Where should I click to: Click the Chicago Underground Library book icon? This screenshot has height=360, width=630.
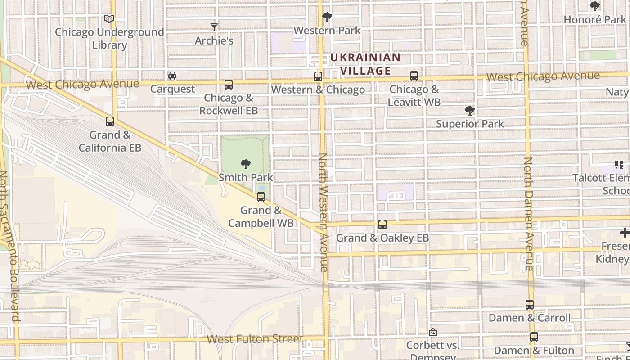tap(109, 18)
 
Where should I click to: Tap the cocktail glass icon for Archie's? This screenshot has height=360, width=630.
tap(214, 27)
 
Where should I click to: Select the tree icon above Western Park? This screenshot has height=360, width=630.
tap(327, 17)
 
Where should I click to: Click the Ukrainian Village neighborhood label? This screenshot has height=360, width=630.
tap(365, 64)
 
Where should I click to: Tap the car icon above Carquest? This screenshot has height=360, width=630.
tap(172, 75)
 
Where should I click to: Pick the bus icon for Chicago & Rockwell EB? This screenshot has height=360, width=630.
tap(229, 84)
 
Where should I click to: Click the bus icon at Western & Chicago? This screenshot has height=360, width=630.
tap(318, 76)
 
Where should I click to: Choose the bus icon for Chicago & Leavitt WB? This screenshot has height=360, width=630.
tap(414, 76)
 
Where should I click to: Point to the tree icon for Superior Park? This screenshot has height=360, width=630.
tap(470, 110)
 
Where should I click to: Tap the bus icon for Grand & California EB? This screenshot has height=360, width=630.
tap(110, 121)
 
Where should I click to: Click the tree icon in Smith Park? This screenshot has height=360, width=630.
tap(246, 164)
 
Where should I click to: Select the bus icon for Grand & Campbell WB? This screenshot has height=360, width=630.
tap(261, 197)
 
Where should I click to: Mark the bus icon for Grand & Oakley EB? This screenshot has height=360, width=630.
tap(382, 224)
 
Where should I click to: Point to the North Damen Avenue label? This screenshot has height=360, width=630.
tap(528, 214)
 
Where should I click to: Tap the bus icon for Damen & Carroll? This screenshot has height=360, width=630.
tap(530, 304)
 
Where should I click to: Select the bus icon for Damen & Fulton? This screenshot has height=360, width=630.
tap(534, 337)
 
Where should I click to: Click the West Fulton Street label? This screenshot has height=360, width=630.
tap(255, 339)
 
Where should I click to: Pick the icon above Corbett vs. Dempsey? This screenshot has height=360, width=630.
tap(433, 332)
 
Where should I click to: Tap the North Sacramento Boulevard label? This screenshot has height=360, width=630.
tap(9, 246)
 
